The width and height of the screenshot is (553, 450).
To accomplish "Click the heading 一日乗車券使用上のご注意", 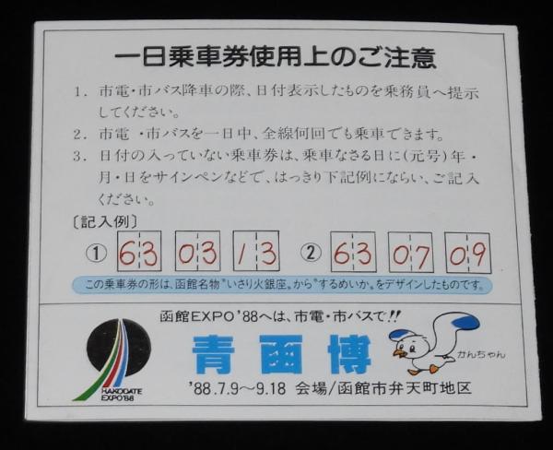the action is click(x=276, y=59).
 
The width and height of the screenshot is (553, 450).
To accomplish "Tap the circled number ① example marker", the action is click(x=96, y=253).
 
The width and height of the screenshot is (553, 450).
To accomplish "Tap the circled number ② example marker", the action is click(x=311, y=253).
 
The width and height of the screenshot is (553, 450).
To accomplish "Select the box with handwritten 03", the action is click(x=198, y=251).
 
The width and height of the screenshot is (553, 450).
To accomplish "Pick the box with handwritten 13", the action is click(x=256, y=251).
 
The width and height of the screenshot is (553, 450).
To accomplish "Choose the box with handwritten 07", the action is click(x=411, y=253).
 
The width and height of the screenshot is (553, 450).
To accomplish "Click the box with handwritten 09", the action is click(x=468, y=253).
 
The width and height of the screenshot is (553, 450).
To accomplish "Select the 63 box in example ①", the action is click(x=139, y=251).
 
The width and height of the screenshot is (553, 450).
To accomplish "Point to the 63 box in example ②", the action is click(x=353, y=252).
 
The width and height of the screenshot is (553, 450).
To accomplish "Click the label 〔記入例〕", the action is click(x=105, y=221).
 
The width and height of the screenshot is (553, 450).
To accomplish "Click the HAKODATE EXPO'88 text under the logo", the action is click(x=121, y=395).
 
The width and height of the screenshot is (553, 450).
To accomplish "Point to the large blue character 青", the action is click(x=213, y=354).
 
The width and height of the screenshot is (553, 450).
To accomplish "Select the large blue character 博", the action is click(x=349, y=354).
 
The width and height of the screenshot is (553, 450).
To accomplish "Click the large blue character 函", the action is click(x=281, y=354).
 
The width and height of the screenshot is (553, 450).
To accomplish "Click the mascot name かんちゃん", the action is click(x=482, y=354).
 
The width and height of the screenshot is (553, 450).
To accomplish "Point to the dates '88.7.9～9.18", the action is click(x=238, y=388).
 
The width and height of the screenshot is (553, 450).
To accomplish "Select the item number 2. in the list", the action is click(x=80, y=135).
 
